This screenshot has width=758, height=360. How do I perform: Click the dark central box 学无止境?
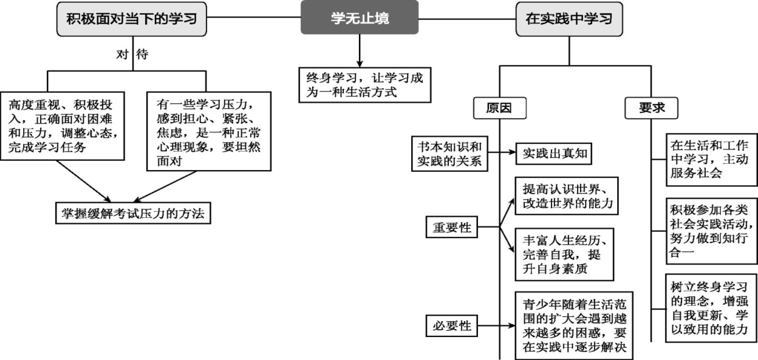pyautogui.click(x=360, y=18)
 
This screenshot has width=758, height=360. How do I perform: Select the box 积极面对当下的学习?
pyautogui.click(x=131, y=18)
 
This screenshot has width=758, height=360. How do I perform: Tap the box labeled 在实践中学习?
pyautogui.click(x=568, y=18)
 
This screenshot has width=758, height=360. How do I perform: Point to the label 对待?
pyautogui.click(x=132, y=54)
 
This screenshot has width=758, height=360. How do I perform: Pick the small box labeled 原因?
pyautogui.click(x=499, y=108)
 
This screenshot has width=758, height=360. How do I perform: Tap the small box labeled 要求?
pyautogui.click(x=651, y=108)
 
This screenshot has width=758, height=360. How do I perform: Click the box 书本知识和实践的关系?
pyautogui.click(x=450, y=153)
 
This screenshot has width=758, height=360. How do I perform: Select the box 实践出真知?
pyautogui.click(x=553, y=153)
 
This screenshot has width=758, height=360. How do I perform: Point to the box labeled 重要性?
pyautogui.click(x=451, y=229)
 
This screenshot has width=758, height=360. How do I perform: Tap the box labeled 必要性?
pyautogui.click(x=451, y=325)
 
